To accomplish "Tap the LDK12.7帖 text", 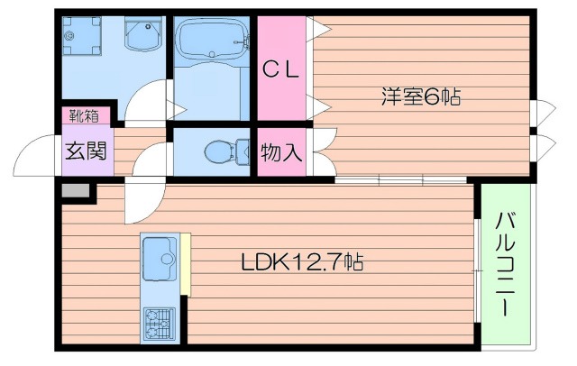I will tap(301, 263).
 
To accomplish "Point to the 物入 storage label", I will tap(280, 152).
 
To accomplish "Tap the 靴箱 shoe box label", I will tap(87, 114).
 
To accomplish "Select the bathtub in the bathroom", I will tap(209, 41).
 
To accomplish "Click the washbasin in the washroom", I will tap(140, 36).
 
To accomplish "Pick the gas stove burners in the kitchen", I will tap(160, 322).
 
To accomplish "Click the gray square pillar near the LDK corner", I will tap(76, 191).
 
